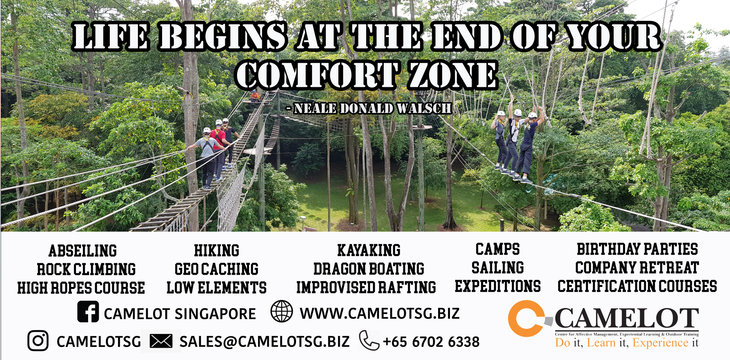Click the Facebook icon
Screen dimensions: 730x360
click(x=88, y=312)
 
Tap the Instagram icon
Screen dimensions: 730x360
click(x=38, y=341)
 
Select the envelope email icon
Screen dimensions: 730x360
click(x=161, y=341)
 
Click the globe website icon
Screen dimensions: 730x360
click(x=282, y=311)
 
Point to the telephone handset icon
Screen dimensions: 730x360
click(x=369, y=341)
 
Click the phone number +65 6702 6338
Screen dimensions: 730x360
click(x=431, y=342)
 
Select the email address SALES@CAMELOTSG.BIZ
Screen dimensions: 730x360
click(x=264, y=342)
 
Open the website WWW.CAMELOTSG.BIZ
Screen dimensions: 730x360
click(x=380, y=313)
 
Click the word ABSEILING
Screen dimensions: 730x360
click(x=83, y=251)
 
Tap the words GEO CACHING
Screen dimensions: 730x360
click(x=216, y=269)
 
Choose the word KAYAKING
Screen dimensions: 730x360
click(x=369, y=250)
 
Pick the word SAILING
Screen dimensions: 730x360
click(x=498, y=268)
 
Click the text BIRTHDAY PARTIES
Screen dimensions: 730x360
click(x=637, y=249)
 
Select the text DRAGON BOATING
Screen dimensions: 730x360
click(x=369, y=269)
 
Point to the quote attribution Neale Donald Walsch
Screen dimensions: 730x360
click(x=369, y=108)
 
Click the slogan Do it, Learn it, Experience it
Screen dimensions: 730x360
click(x=627, y=342)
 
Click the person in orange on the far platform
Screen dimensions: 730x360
click(x=255, y=96)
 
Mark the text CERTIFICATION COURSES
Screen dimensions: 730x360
click(x=637, y=286)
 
